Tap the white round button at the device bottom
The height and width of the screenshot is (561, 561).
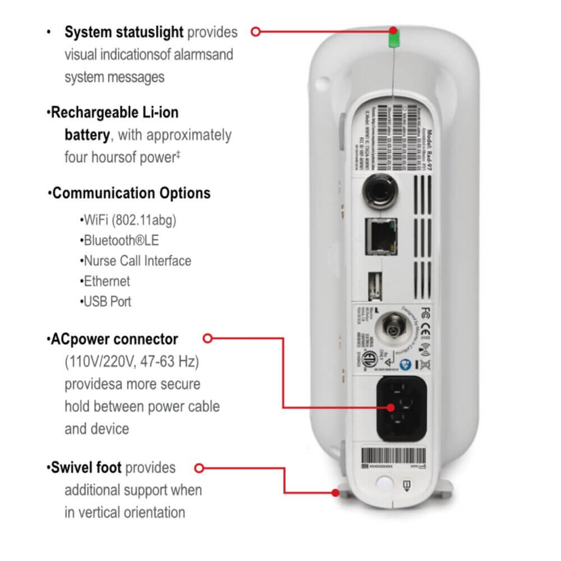tap(384, 484)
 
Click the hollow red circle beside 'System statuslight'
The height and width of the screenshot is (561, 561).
tap(256, 32)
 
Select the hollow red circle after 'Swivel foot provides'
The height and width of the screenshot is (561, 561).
tap(198, 467)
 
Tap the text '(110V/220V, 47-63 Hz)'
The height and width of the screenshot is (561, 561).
tap(131, 362)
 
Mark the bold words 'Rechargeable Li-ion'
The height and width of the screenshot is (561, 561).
tap(114, 112)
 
